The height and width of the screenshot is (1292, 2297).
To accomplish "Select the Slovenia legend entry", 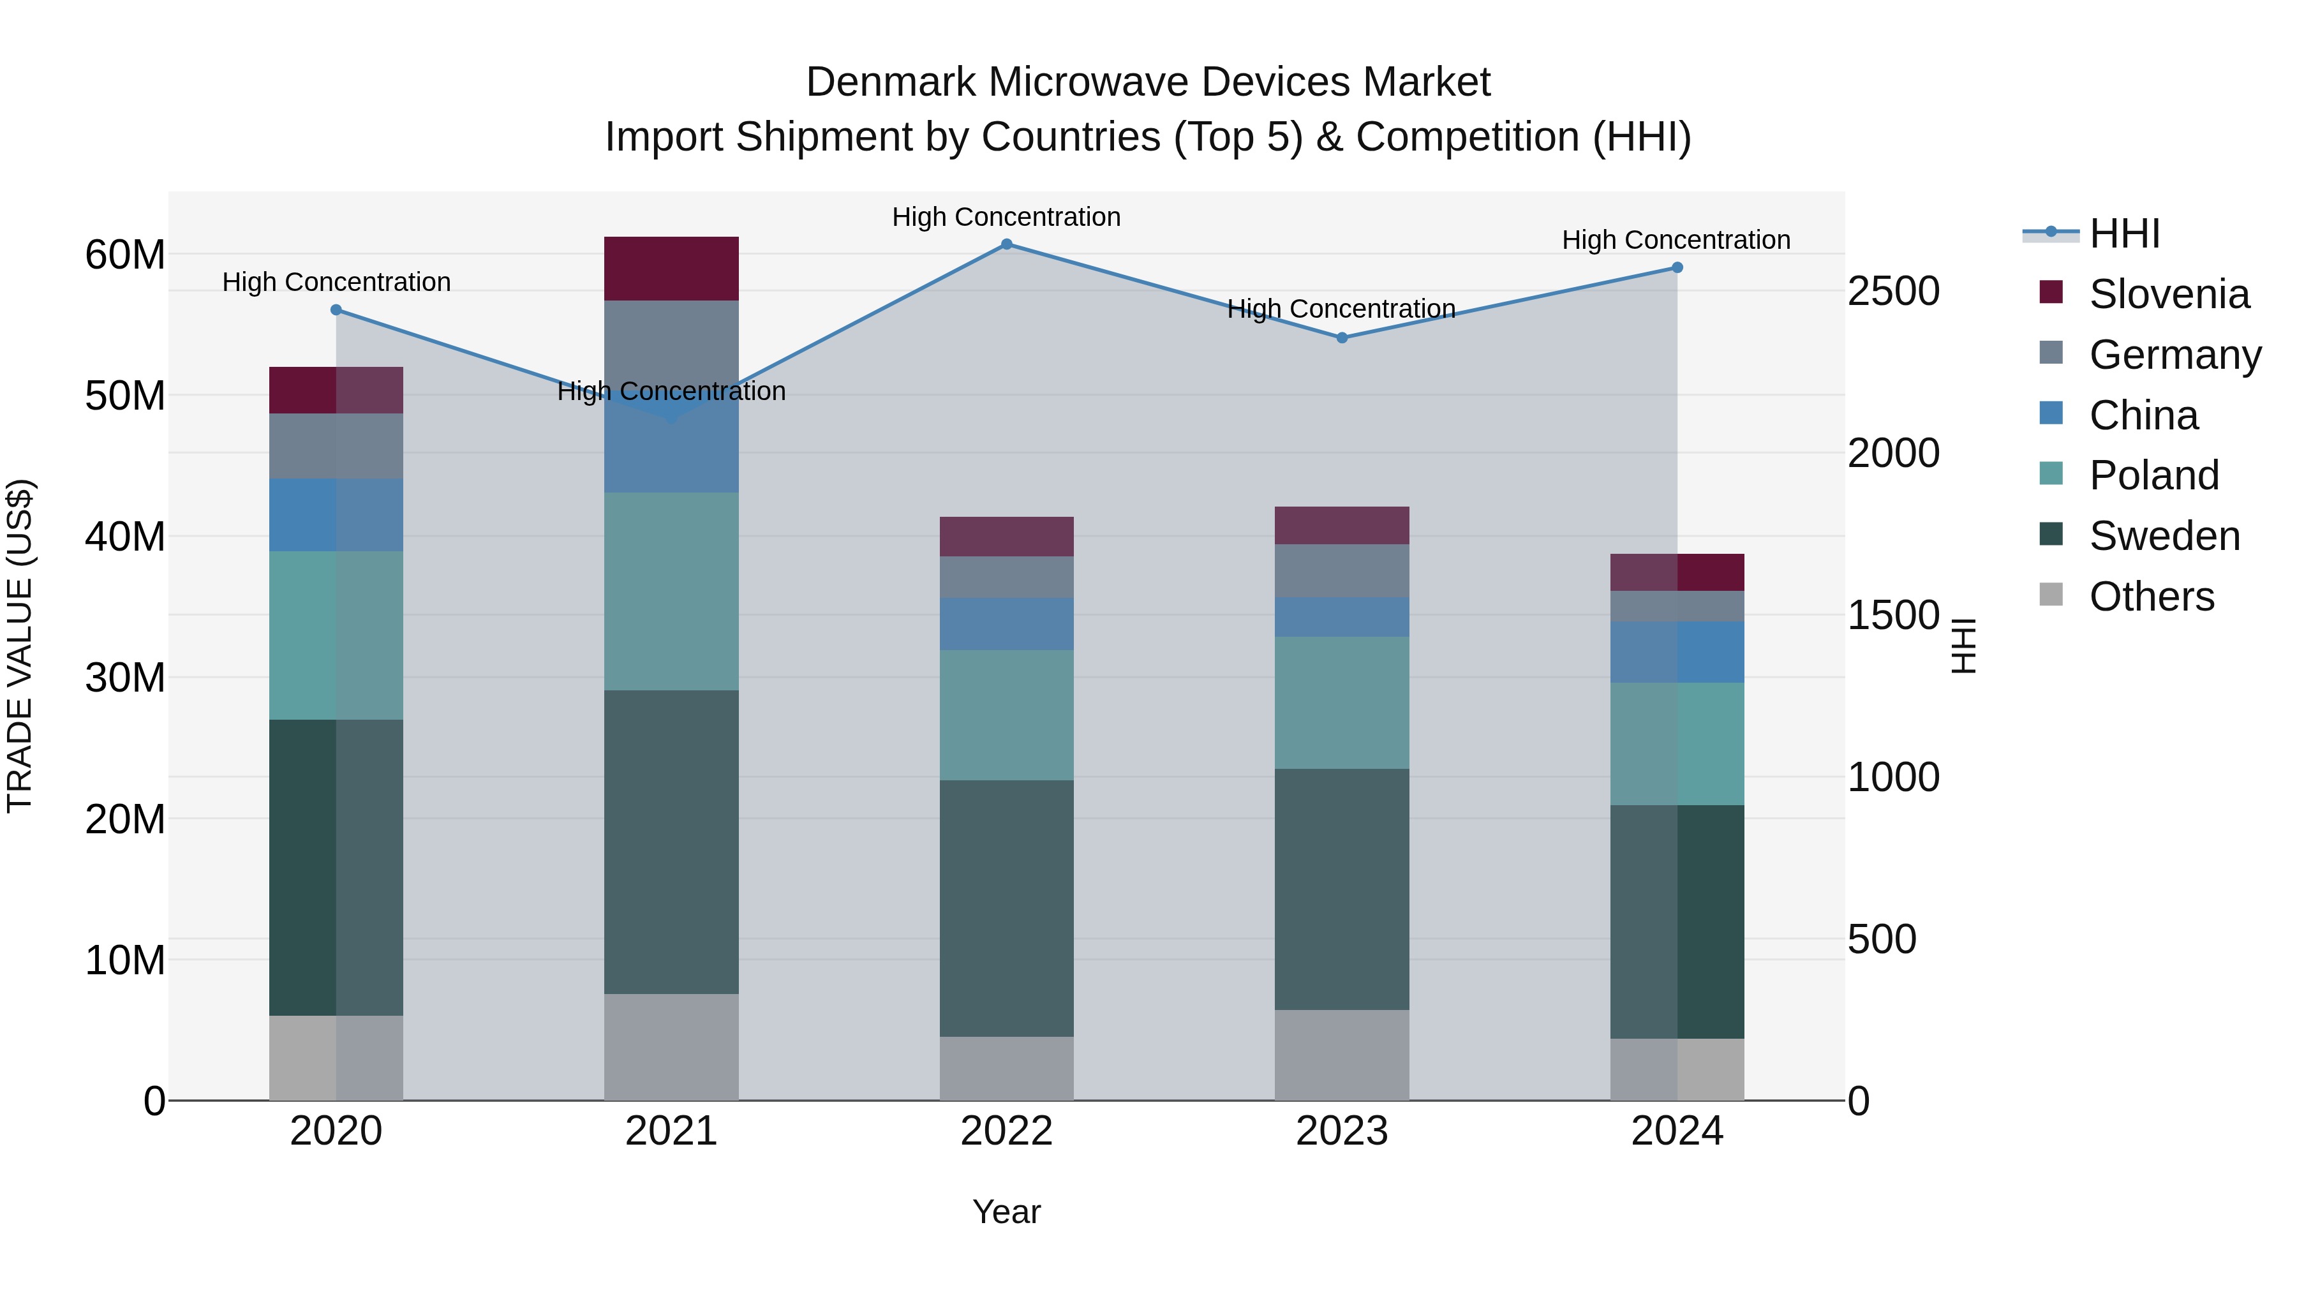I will click(2167, 294).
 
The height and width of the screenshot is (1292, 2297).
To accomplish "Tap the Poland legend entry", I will click(2153, 475).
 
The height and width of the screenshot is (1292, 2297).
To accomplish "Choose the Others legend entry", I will click(2151, 597).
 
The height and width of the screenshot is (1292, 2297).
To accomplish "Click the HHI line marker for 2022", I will click(1007, 244).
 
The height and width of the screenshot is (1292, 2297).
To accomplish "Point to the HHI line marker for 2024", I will click(1677, 267).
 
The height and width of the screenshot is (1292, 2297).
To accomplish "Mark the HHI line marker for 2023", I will click(1342, 338).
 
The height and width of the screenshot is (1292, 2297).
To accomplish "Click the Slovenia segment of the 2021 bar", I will click(671, 269).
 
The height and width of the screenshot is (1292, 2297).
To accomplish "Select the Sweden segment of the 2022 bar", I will click(1007, 908).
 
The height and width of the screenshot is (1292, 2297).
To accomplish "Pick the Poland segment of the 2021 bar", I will click(671, 591).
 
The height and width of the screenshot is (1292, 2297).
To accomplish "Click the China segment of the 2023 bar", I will click(1342, 616).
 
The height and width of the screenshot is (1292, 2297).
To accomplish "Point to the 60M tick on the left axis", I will click(125, 255).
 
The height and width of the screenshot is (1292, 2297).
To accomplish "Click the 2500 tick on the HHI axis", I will click(1893, 292).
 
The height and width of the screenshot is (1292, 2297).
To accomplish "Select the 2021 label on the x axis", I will click(671, 1131).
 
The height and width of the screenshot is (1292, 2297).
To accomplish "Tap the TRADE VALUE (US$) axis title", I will click(20, 646).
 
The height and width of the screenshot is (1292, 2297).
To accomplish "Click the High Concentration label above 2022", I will click(1007, 217).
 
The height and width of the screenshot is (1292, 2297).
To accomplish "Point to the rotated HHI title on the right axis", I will click(1965, 646).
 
